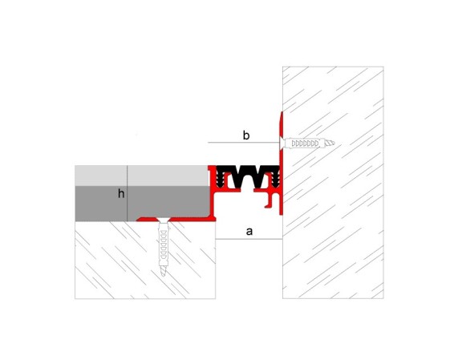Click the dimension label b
246,136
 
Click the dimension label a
249,231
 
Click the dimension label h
121,193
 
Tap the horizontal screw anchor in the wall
306,143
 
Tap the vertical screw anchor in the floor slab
164,247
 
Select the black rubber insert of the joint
247,176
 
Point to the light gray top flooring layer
141,176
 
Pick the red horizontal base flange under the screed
176,219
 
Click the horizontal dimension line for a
249,239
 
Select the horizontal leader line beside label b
243,142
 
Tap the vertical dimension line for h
127,193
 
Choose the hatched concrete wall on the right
333,183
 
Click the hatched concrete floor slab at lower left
145,260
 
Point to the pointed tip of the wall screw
334,143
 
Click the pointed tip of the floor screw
164,275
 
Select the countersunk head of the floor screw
164,220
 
